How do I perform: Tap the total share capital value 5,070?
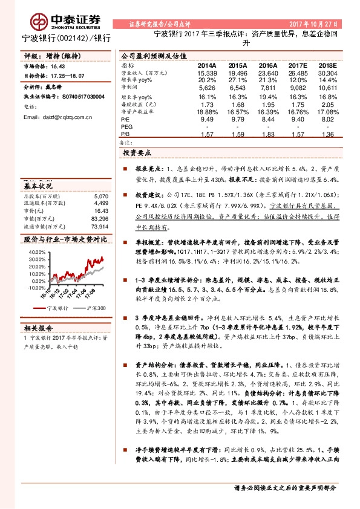tap(99, 196)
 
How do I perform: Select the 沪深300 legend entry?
tap(95, 308)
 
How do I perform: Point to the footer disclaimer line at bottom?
tap(284, 487)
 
